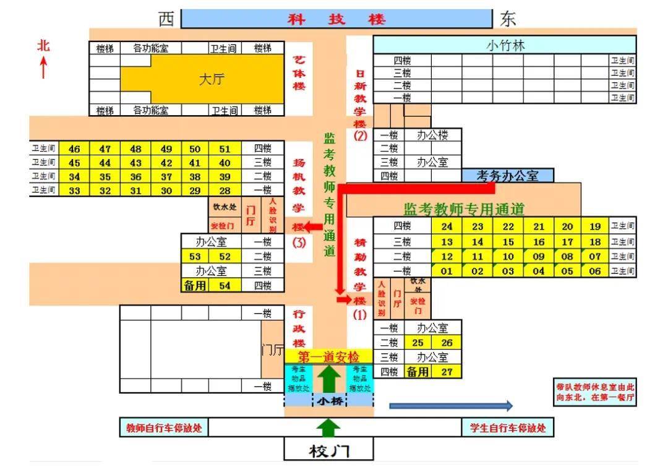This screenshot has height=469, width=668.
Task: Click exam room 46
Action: (75, 148)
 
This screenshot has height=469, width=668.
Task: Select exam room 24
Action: (447, 227)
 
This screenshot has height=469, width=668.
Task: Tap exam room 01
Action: (447, 270)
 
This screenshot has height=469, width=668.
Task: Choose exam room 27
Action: (447, 372)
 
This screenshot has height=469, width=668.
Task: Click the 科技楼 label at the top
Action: (336, 19)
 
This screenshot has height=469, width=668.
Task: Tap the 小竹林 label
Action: (505, 45)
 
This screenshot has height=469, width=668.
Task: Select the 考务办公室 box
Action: (507, 176)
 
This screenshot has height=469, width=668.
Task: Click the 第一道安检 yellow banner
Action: (328, 357)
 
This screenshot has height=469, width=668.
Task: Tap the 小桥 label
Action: (329, 401)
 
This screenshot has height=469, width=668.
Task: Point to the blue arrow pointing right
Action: (451, 406)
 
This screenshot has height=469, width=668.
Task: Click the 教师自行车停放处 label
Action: (164, 428)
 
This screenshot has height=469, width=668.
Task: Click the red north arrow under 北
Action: (43, 67)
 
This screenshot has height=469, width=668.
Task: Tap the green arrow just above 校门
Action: (329, 427)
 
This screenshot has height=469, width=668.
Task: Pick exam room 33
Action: (75, 191)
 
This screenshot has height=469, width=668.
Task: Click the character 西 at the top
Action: (166, 19)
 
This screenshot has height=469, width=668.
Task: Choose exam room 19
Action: (595, 227)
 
